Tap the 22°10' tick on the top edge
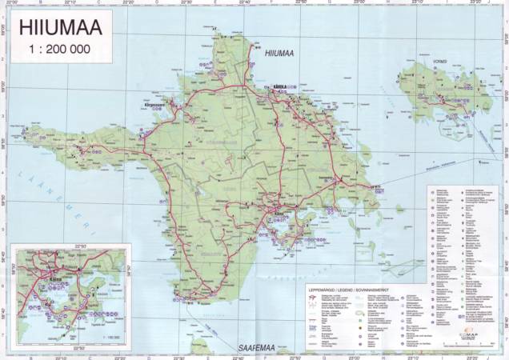pyautogui.click(x=71, y=3)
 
